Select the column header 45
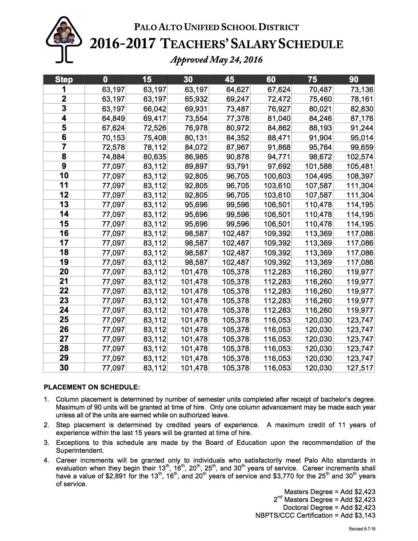(x=229, y=79)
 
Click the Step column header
(x=64, y=79)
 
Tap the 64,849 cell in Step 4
(x=113, y=118)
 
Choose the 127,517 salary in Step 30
(x=360, y=368)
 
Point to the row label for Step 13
(x=64, y=205)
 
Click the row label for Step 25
(x=64, y=320)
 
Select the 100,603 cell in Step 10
(x=277, y=176)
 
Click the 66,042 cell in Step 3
(x=155, y=109)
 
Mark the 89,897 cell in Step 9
(x=196, y=166)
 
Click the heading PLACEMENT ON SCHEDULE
(x=92, y=387)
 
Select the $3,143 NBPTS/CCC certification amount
(x=365, y=515)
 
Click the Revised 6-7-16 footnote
(x=362, y=529)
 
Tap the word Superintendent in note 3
(x=80, y=451)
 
